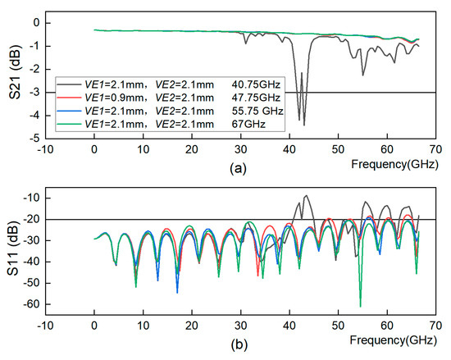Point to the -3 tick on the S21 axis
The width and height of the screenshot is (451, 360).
36,93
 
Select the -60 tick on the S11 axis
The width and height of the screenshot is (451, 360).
34,304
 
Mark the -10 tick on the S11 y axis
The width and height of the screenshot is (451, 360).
34,198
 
